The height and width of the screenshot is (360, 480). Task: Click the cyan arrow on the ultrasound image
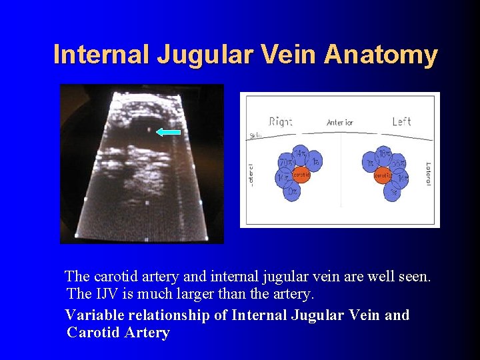click(169, 132)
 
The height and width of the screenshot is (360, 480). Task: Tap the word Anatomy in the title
click(381, 55)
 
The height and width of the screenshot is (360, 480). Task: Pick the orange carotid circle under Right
click(301, 175)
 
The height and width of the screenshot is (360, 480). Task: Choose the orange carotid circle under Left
click(383, 175)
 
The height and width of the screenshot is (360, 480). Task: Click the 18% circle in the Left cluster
click(384, 155)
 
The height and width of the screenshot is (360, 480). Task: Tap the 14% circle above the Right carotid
click(301, 155)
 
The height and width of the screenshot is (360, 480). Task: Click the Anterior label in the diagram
click(339, 122)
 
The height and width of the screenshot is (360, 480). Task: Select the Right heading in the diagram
click(280, 121)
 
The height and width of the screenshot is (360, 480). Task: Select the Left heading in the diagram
click(401, 121)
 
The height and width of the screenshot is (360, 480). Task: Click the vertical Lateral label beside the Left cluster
click(428, 174)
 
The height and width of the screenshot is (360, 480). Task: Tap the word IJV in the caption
click(107, 293)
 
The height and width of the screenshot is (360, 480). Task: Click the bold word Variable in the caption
click(93, 315)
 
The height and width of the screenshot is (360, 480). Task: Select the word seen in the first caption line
click(413, 276)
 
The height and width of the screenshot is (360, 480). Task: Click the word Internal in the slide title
click(102, 55)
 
